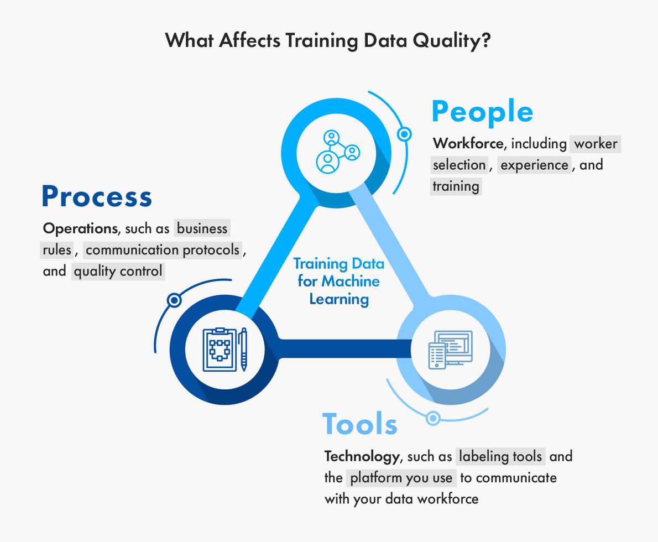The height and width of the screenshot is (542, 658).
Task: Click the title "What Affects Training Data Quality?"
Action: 328,41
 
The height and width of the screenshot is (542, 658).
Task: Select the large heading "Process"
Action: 97,196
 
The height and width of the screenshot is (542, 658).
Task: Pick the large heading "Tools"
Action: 360,424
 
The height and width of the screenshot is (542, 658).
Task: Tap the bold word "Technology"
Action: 361,456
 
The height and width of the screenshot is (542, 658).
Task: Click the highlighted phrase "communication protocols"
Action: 163,250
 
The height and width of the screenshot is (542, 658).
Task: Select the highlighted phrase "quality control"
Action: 118,271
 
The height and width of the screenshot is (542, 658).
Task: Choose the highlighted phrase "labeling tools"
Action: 501,456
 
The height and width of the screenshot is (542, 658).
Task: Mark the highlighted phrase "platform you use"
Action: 401,477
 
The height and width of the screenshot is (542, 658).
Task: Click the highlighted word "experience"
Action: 534,165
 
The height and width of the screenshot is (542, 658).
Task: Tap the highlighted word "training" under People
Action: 456,186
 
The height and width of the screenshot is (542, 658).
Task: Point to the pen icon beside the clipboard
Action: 243,350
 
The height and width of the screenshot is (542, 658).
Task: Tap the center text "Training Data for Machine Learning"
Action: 338,281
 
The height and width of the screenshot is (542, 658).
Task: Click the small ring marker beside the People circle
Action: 405,134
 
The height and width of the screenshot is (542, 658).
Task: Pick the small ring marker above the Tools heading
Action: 434,418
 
